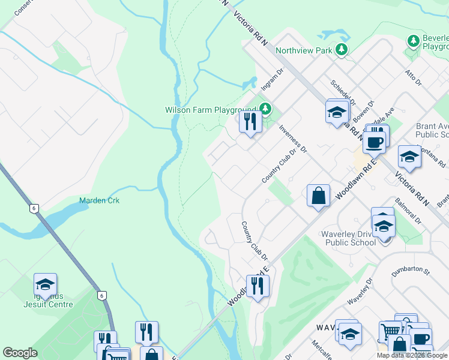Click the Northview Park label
coord(303,50)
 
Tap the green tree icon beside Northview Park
coord(342,49)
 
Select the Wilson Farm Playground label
coord(210,110)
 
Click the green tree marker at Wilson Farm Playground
coord(265,109)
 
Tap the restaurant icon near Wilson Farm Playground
coord(250,121)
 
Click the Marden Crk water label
coord(100,200)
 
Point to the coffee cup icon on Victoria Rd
coord(374,142)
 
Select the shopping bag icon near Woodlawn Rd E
coord(318,195)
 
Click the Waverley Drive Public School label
coord(351,238)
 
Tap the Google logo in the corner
coord(20,353)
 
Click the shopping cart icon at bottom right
coord(390,330)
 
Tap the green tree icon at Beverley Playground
coord(413,41)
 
